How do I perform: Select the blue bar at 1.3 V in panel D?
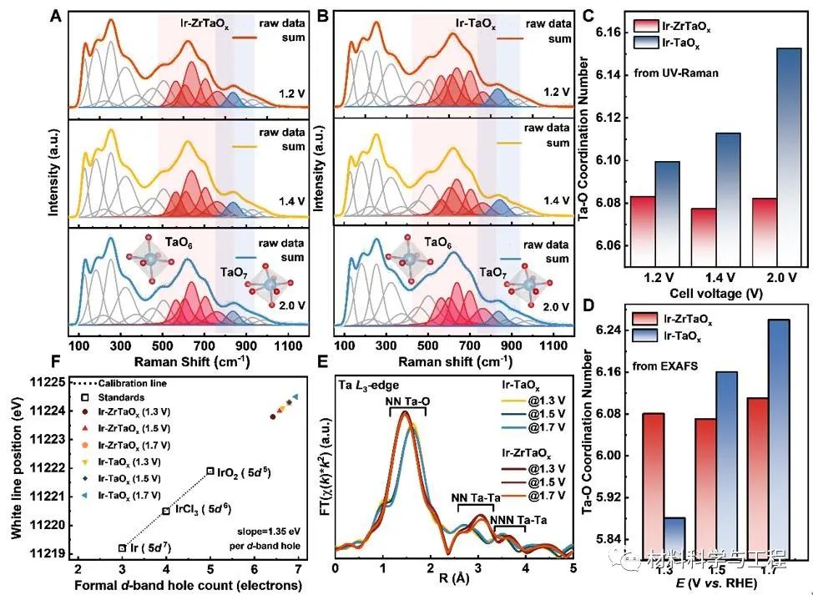(x=675, y=542)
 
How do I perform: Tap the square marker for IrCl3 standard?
(x=166, y=511)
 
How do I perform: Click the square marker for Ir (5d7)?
(x=123, y=548)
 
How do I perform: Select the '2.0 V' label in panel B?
(x=552, y=306)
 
